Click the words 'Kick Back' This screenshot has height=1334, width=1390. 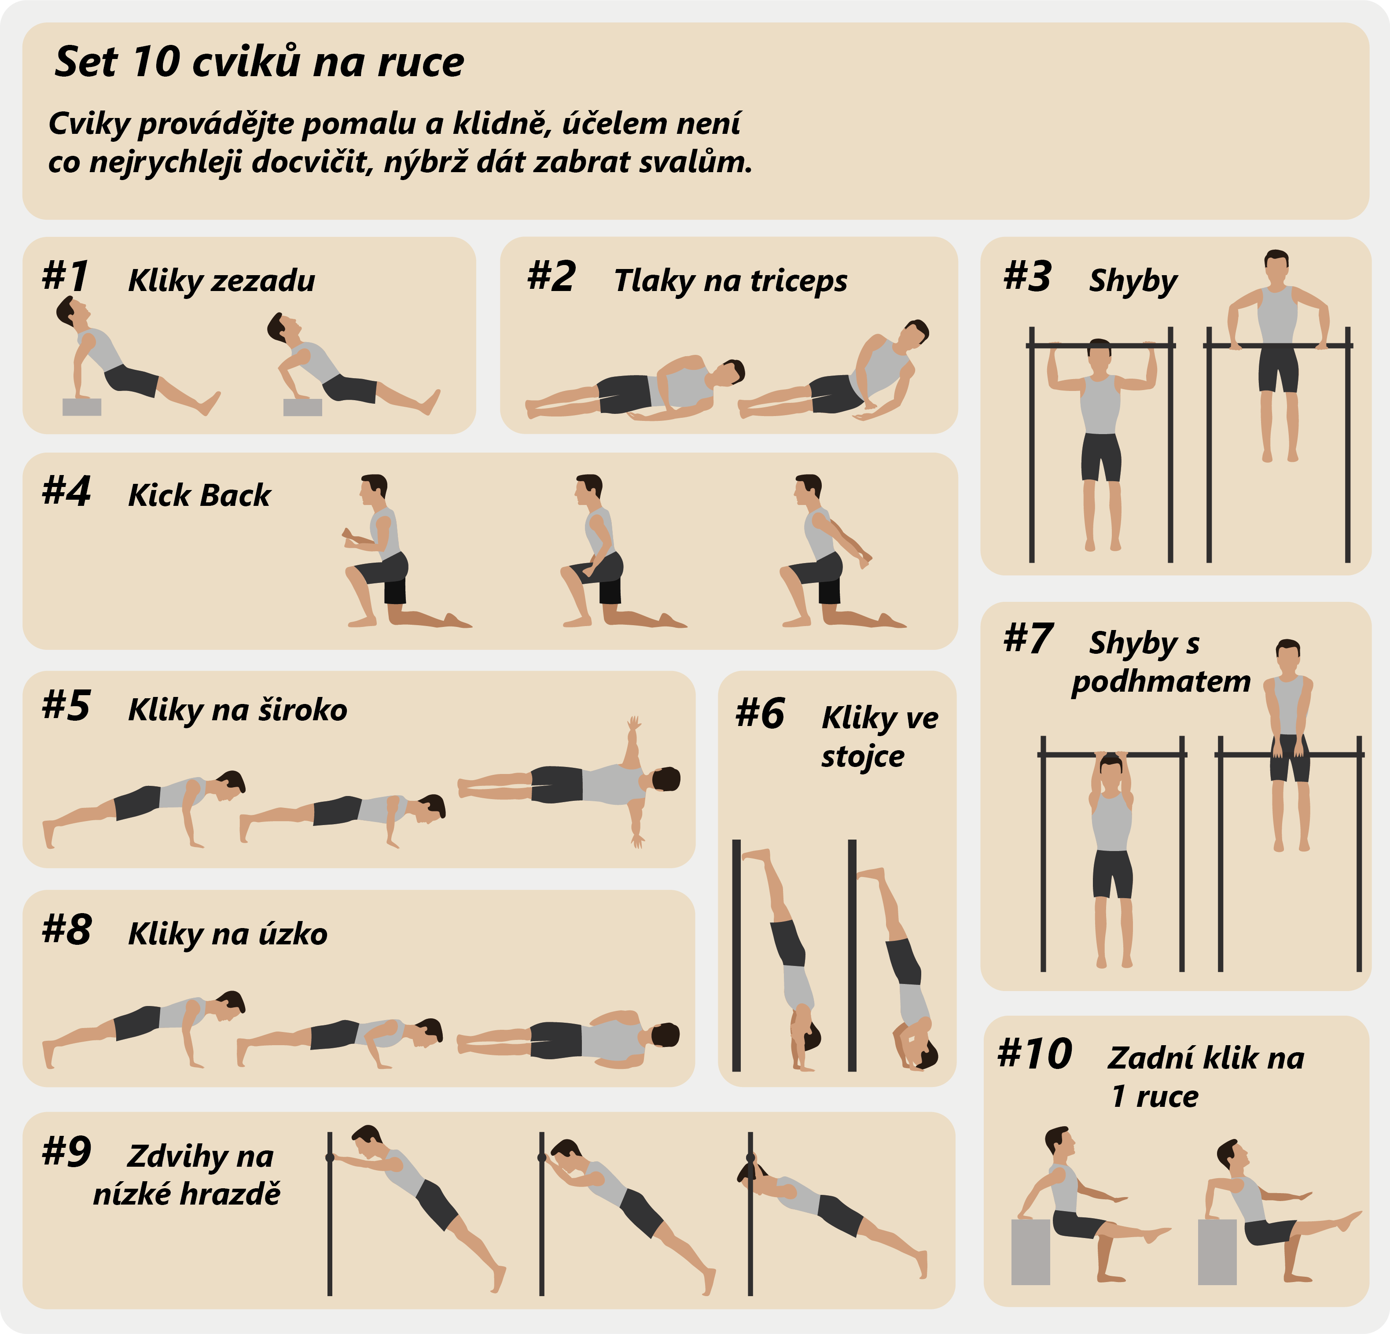click(199, 495)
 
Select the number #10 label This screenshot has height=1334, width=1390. click(1035, 1054)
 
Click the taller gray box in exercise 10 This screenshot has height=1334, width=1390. click(1030, 1252)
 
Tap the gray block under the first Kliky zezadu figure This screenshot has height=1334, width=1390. click(81, 406)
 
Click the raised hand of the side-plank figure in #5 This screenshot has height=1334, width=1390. click(633, 723)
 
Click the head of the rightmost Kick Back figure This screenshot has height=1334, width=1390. click(808, 489)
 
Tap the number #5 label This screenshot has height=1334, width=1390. click(66, 706)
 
